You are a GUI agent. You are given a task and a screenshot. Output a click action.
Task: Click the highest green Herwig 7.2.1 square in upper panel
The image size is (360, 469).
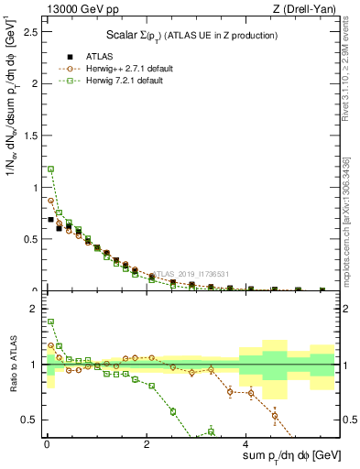51,169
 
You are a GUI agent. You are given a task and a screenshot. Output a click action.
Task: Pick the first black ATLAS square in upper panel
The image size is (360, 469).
51,220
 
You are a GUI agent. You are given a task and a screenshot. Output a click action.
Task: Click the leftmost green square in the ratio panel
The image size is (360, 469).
51,322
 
